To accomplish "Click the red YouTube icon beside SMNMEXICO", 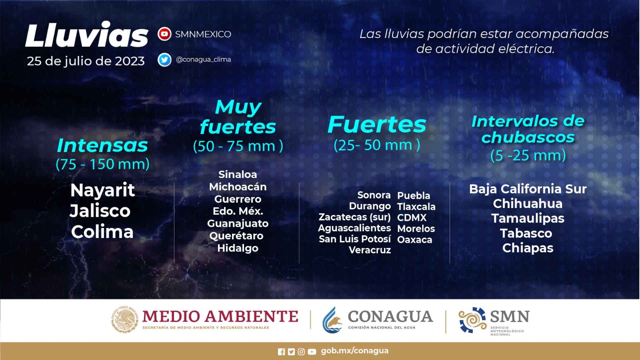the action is coord(164,34).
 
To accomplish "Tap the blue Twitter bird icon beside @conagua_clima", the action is coord(164,60).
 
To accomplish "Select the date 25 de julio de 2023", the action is coord(86,61).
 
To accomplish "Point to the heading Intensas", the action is coord(102,146).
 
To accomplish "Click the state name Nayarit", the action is coord(102,190).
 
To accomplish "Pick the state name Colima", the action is coord(102,232).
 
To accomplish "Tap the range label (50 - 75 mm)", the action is coord(238,146).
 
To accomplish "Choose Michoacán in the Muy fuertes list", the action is coord(238,187).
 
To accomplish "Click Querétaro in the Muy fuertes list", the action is coord(236,236).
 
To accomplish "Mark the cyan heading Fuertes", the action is coord(377,124).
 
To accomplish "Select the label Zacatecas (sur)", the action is coord(354,217).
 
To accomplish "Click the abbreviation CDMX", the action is coord(412,218).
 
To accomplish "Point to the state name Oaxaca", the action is coord(414,240).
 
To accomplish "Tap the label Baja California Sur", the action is coord(528,189).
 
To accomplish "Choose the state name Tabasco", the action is coord(526,234).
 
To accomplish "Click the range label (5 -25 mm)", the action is coord(528,156).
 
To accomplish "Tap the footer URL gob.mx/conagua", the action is coord(354,351).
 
